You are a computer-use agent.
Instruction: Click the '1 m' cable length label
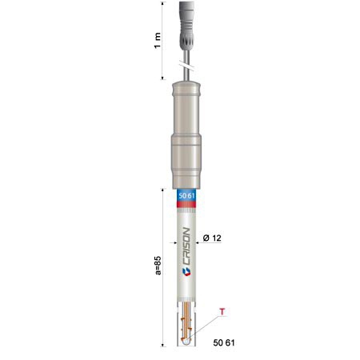click(x=158, y=41)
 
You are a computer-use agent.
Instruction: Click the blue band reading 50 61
click(x=186, y=196)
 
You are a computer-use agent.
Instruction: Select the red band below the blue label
click(x=186, y=205)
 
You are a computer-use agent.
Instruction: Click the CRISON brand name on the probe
click(x=187, y=246)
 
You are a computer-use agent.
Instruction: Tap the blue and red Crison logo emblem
click(x=186, y=272)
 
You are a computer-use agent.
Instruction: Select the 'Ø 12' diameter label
click(x=212, y=238)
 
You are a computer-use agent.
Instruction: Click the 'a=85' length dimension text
click(x=158, y=266)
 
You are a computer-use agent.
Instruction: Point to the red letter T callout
click(x=222, y=311)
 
